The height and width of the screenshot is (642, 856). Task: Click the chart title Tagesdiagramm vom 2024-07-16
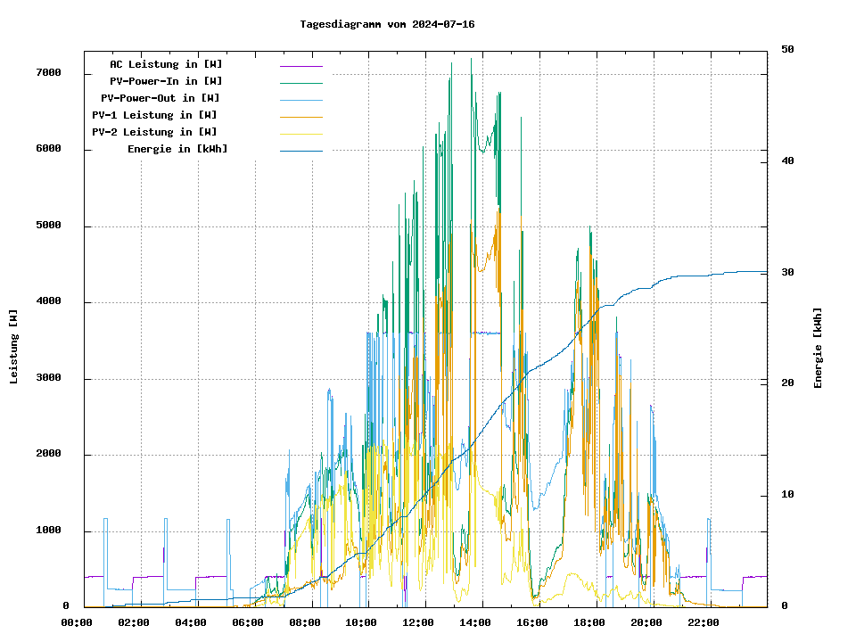[x=387, y=24]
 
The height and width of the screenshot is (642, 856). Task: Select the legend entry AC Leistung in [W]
[x=166, y=64]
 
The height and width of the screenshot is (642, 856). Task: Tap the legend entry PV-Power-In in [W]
[x=166, y=81]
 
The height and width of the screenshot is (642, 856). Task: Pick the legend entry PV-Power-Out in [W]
[x=160, y=98]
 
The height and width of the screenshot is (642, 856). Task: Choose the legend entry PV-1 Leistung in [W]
[x=154, y=115]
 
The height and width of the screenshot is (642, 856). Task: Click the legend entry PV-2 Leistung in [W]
[x=154, y=132]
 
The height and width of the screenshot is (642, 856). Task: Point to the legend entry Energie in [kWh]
[x=177, y=149]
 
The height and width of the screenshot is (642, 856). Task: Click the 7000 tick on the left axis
[x=48, y=73]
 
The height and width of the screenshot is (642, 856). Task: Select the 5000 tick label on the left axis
[x=48, y=226]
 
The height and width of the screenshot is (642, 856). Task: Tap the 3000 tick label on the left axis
[x=48, y=378]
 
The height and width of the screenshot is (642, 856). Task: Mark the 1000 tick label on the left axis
[x=48, y=531]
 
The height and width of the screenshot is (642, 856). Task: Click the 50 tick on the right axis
[x=787, y=49]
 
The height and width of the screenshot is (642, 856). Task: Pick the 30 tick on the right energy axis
[x=787, y=272]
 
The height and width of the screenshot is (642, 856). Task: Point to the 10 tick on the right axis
[x=787, y=495]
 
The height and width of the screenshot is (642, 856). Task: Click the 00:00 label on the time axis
[x=77, y=622]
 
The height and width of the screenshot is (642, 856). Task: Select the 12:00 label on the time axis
[x=418, y=622]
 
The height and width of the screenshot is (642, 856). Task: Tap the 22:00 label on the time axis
[x=704, y=622]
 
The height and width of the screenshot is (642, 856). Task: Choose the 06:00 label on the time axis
[x=248, y=622]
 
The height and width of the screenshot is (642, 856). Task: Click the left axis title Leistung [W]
[x=14, y=347]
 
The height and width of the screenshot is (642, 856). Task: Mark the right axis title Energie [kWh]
[x=818, y=348]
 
